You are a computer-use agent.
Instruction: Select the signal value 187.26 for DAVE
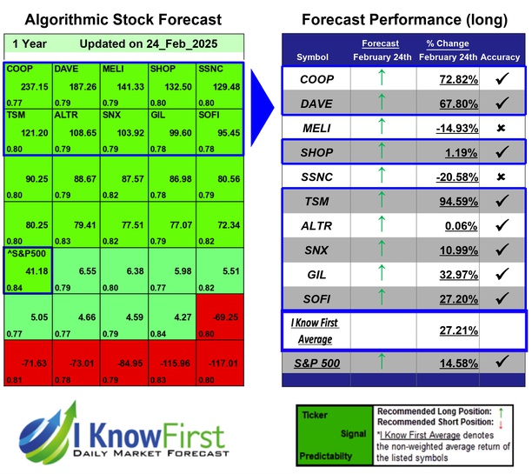79,89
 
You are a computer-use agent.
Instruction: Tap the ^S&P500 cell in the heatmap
27,256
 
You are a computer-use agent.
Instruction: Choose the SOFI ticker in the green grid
211,115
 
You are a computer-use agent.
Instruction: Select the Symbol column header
313,57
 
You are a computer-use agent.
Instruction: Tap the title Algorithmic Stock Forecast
123,19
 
